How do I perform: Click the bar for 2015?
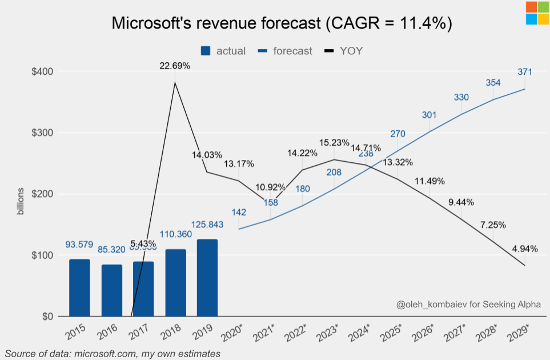79,287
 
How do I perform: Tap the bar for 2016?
111,290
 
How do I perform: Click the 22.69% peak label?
175,66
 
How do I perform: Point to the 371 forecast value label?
525,72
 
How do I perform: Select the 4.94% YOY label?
524,248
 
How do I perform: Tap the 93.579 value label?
79,244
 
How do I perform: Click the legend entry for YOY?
344,51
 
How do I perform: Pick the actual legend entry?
223,51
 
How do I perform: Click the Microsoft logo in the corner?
537,13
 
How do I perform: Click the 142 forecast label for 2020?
239,213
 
